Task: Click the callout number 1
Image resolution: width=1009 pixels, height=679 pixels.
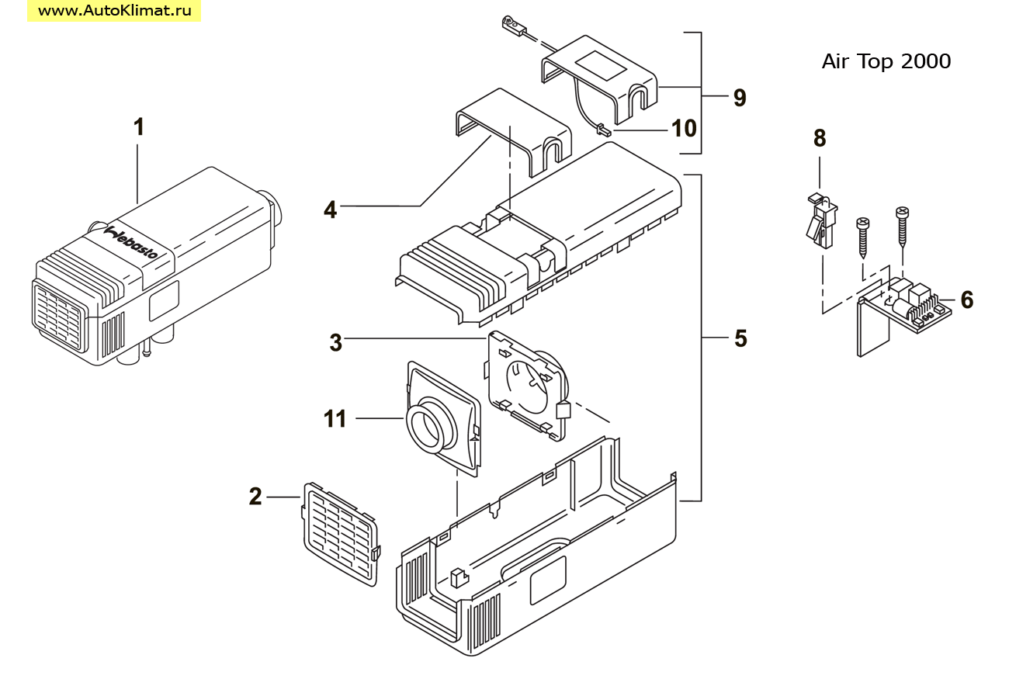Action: pyautogui.click(x=139, y=126)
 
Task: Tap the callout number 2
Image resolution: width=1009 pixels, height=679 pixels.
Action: pyautogui.click(x=255, y=497)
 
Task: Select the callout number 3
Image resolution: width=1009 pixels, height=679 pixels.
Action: pyautogui.click(x=335, y=343)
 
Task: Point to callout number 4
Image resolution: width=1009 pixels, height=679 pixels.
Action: pyautogui.click(x=330, y=210)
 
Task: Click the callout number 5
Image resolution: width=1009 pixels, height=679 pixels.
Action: pyautogui.click(x=740, y=338)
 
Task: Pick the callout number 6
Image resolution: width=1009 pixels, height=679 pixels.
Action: pyautogui.click(x=966, y=300)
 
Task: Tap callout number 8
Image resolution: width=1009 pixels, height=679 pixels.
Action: pyautogui.click(x=820, y=138)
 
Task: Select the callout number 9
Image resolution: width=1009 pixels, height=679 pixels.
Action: pyautogui.click(x=740, y=98)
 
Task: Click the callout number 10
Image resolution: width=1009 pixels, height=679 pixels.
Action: pyautogui.click(x=684, y=128)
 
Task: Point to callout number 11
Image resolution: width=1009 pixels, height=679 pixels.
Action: pyautogui.click(x=335, y=419)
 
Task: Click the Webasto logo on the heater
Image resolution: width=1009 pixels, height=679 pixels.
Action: pyautogui.click(x=131, y=242)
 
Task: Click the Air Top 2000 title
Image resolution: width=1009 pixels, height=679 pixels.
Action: pyautogui.click(x=886, y=61)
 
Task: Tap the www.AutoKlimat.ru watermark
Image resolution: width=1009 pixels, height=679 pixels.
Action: pyautogui.click(x=114, y=10)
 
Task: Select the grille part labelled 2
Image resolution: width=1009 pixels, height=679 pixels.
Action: pyautogui.click(x=341, y=534)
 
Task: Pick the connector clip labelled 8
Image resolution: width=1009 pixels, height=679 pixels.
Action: pyautogui.click(x=820, y=221)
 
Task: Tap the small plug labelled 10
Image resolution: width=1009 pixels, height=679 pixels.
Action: pyautogui.click(x=604, y=131)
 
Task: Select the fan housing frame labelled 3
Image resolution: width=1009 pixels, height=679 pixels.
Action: pyautogui.click(x=527, y=385)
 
